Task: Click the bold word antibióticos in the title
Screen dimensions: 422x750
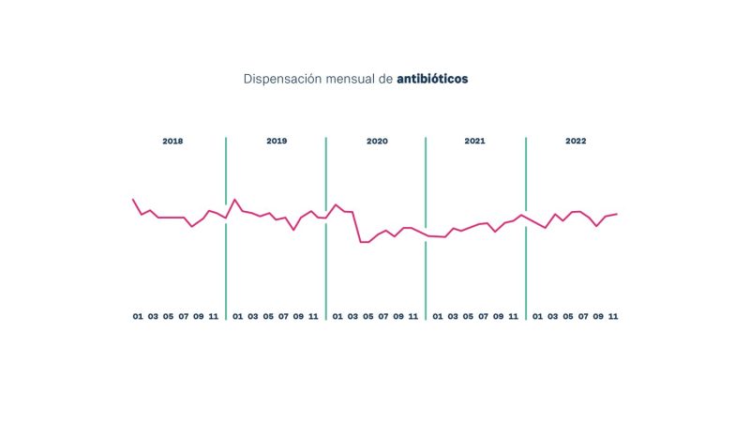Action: (432, 80)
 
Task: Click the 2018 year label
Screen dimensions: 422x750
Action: (172, 142)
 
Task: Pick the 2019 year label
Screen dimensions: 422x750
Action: (277, 142)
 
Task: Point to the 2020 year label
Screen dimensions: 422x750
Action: (377, 142)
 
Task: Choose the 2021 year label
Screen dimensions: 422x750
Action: (475, 142)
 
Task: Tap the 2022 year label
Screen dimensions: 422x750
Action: (576, 142)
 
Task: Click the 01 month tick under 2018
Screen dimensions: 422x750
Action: (138, 316)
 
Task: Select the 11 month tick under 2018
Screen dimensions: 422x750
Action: (213, 316)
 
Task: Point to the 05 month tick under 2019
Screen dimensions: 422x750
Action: (268, 316)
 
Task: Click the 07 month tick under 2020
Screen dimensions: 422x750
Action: (383, 316)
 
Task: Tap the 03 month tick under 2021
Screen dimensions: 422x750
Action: (453, 316)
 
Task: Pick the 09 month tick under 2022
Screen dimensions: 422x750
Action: (598, 316)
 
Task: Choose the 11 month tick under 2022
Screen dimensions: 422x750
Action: (613, 316)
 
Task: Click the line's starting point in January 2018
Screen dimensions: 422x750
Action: (133, 199)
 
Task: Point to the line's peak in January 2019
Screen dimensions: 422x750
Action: (235, 199)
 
